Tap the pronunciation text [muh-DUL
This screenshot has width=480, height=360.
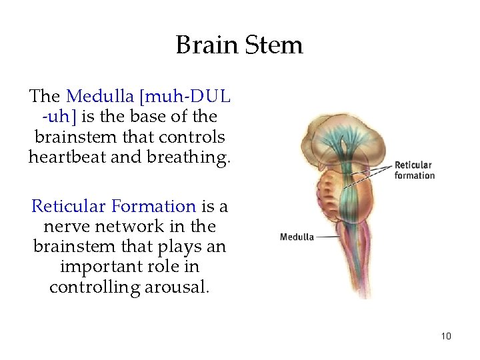pyautogui.click(x=187, y=96)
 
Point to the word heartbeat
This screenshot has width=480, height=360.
pyautogui.click(x=69, y=157)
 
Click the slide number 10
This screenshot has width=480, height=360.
pyautogui.click(x=446, y=336)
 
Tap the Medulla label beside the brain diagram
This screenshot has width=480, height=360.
pyautogui.click(x=297, y=237)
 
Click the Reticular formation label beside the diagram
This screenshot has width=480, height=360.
pyautogui.click(x=413, y=170)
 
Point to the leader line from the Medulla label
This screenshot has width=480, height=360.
pyautogui.click(x=327, y=237)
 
